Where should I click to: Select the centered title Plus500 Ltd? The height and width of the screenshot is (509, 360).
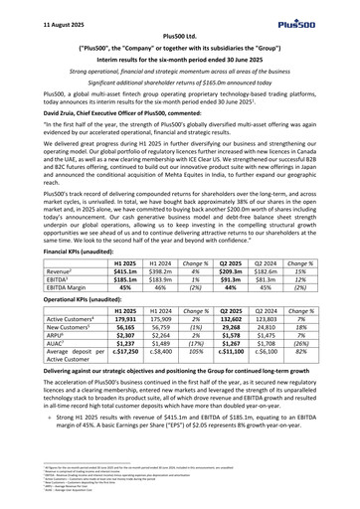click(x=180, y=37)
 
